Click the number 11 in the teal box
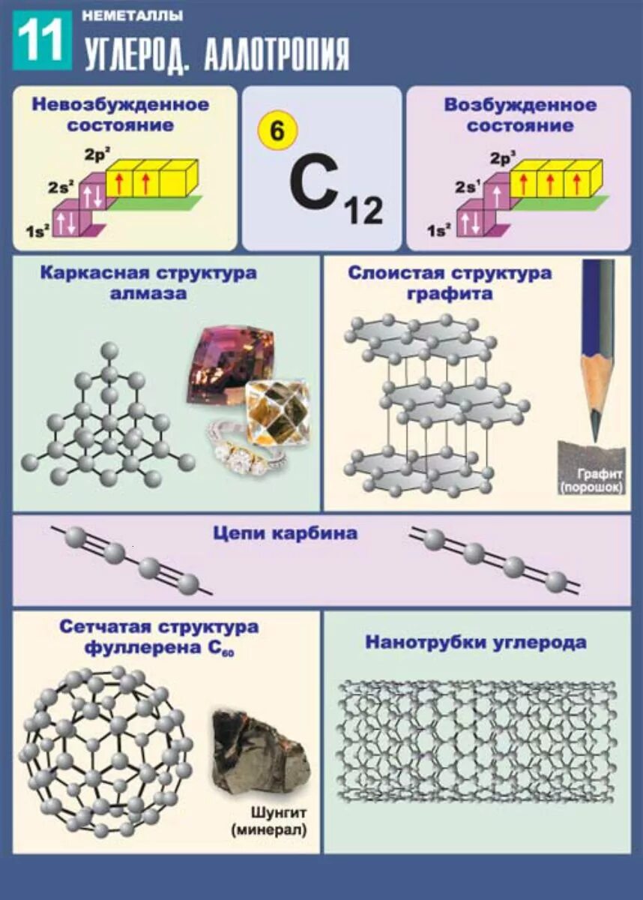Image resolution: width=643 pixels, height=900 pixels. (x=43, y=40)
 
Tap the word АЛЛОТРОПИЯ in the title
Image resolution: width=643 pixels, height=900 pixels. (x=277, y=54)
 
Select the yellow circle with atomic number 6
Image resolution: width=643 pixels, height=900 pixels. (x=277, y=132)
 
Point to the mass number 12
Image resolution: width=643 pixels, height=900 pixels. (x=363, y=209)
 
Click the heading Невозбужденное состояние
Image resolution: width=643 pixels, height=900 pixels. (x=121, y=114)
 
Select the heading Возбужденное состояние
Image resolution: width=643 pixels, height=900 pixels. (x=520, y=115)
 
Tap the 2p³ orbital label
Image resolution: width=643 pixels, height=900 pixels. (x=500, y=159)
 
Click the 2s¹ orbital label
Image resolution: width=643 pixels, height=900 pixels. (x=465, y=188)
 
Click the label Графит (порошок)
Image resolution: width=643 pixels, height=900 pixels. (x=601, y=481)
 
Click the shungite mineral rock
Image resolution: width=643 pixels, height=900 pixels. (x=257, y=752)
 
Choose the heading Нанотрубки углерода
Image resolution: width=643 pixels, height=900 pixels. (x=476, y=642)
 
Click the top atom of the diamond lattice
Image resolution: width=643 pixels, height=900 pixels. (x=110, y=349)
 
